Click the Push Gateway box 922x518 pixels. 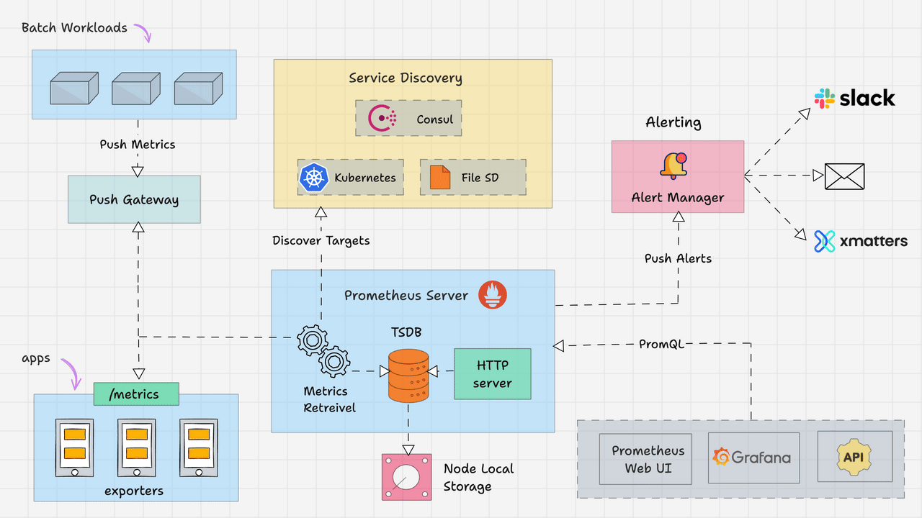pos(134,199)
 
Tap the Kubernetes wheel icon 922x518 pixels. pos(313,178)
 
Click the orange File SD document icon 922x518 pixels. pos(440,178)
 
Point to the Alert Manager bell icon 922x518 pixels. pos(673,165)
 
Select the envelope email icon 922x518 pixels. pos(844,176)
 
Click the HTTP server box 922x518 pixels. pos(492,374)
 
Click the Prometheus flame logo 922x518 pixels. pos(493,295)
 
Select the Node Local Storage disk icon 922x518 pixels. pos(406,477)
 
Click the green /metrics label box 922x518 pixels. pos(136,394)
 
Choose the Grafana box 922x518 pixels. pos(753,458)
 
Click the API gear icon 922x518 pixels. pos(854,457)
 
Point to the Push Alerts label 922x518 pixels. pos(678,258)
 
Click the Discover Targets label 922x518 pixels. pos(321,240)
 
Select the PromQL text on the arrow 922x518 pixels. pos(661,344)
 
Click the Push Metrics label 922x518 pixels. pos(137,145)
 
